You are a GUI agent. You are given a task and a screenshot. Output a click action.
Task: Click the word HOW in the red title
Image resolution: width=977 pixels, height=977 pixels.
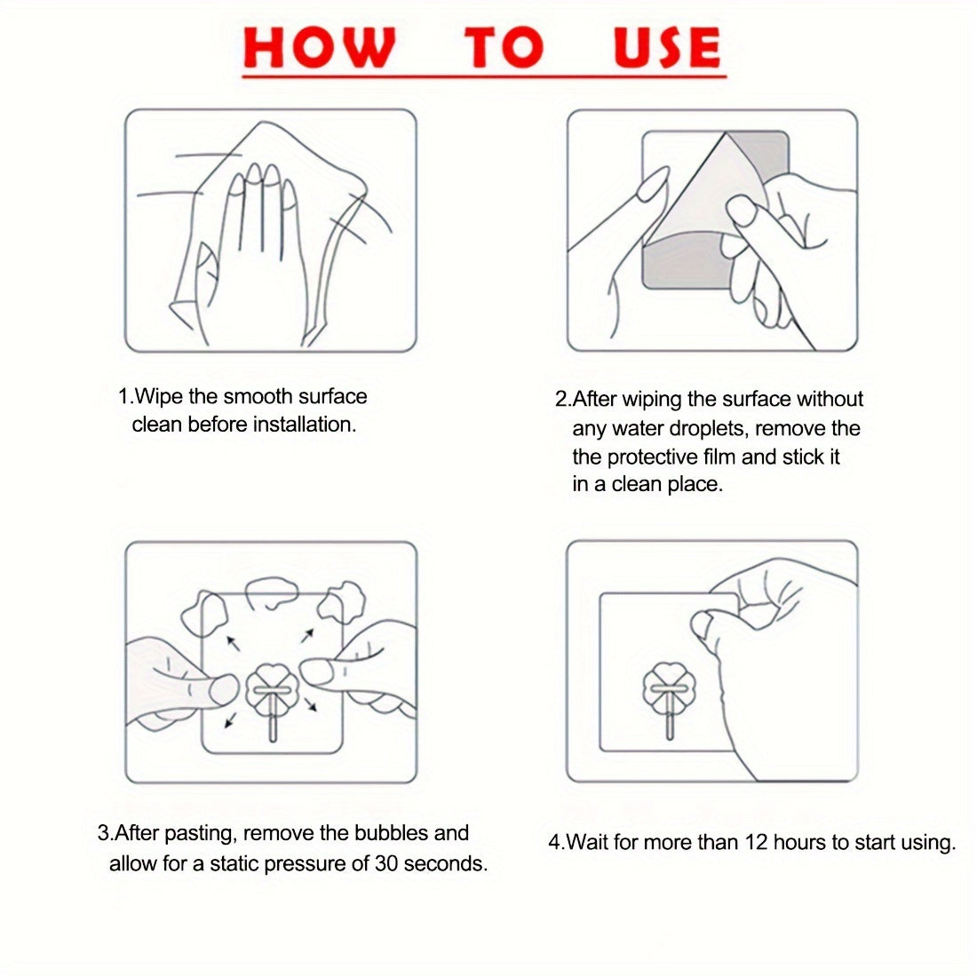[x=319, y=47]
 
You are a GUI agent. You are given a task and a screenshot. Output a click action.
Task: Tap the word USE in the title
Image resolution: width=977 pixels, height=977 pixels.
[x=667, y=47]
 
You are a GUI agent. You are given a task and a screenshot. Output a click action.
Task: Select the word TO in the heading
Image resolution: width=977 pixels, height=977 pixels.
[x=504, y=47]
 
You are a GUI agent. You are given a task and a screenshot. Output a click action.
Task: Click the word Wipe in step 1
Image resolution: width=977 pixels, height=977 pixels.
[x=159, y=397]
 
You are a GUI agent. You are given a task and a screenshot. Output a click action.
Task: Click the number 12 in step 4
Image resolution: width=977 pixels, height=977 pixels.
[x=756, y=842]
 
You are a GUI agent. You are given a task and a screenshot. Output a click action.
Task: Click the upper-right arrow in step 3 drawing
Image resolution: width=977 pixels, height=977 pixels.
[x=308, y=636]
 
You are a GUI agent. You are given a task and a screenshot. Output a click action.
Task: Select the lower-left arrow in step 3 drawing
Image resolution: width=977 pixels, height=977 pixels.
[x=231, y=720]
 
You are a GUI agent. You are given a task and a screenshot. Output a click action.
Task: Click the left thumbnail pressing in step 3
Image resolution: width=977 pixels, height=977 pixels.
[x=222, y=690]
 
